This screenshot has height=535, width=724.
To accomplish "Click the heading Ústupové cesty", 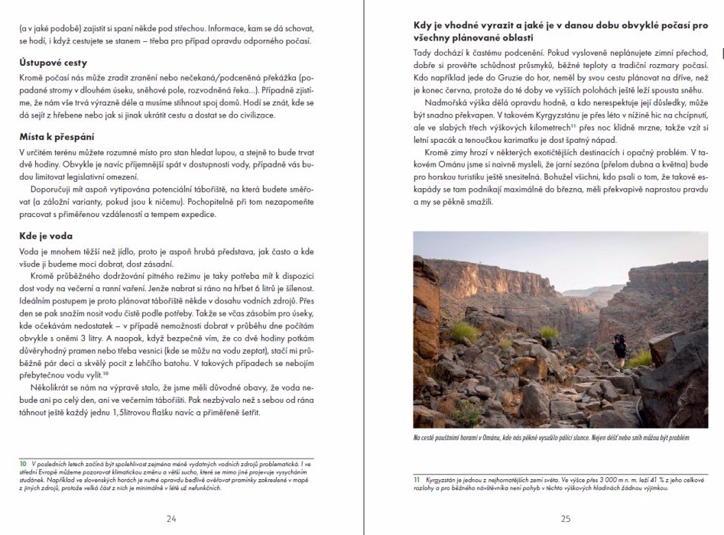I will pyautogui.click(x=53, y=63).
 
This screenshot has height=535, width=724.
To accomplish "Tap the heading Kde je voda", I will pyautogui.click(x=47, y=236).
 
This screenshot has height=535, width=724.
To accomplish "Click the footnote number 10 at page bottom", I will pyautogui.click(x=24, y=464).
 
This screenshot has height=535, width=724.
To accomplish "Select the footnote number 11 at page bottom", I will pyautogui.click(x=417, y=479).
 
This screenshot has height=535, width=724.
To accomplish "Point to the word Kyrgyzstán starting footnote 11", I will pyautogui.click(x=443, y=479).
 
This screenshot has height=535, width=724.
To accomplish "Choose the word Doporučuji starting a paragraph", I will pyautogui.click(x=50, y=188).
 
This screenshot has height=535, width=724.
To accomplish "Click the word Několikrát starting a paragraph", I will pyautogui.click(x=51, y=387).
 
